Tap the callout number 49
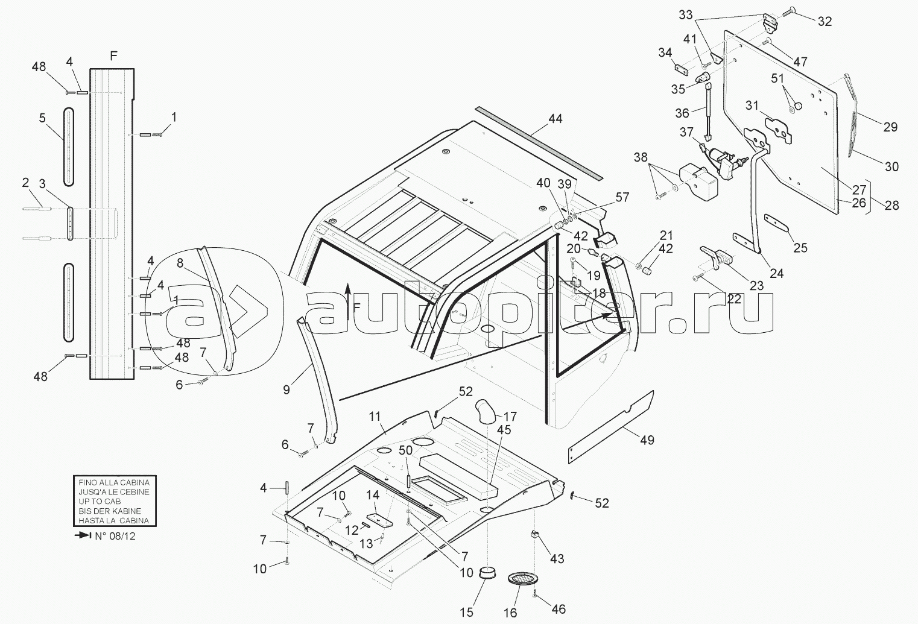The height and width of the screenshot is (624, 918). [647, 440]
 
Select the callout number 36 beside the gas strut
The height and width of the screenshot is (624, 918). [682, 113]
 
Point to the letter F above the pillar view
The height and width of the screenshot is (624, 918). [113, 56]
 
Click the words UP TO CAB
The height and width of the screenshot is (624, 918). [100, 501]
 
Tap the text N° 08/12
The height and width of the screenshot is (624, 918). [115, 536]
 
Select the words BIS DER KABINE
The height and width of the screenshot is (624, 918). [110, 511]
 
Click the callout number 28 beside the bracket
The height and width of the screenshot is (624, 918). [892, 204]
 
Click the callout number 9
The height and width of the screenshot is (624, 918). [286, 389]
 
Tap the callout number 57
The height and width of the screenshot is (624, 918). [622, 197]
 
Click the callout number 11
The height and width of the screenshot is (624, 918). [375, 417]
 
